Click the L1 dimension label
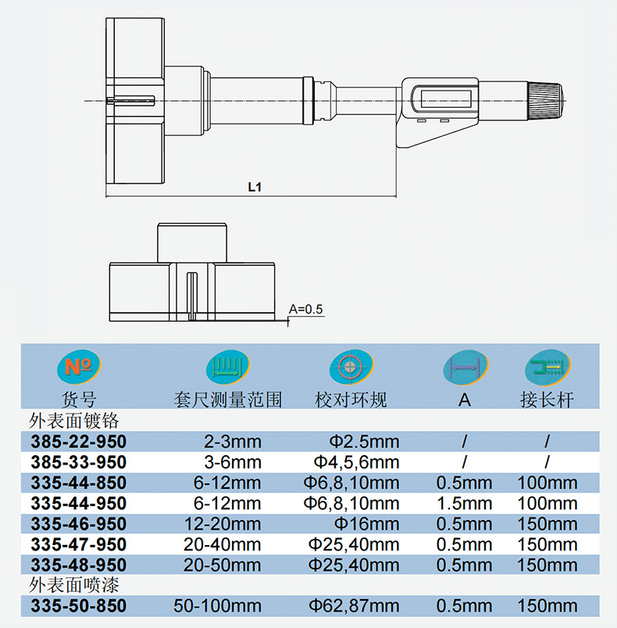click(255, 187)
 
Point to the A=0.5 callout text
click(306, 309)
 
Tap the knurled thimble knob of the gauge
click(545, 100)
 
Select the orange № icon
click(79, 367)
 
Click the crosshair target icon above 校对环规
click(351, 367)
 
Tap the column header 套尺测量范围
click(228, 400)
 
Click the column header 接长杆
click(547, 400)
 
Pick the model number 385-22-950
click(79, 442)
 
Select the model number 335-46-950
click(79, 524)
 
